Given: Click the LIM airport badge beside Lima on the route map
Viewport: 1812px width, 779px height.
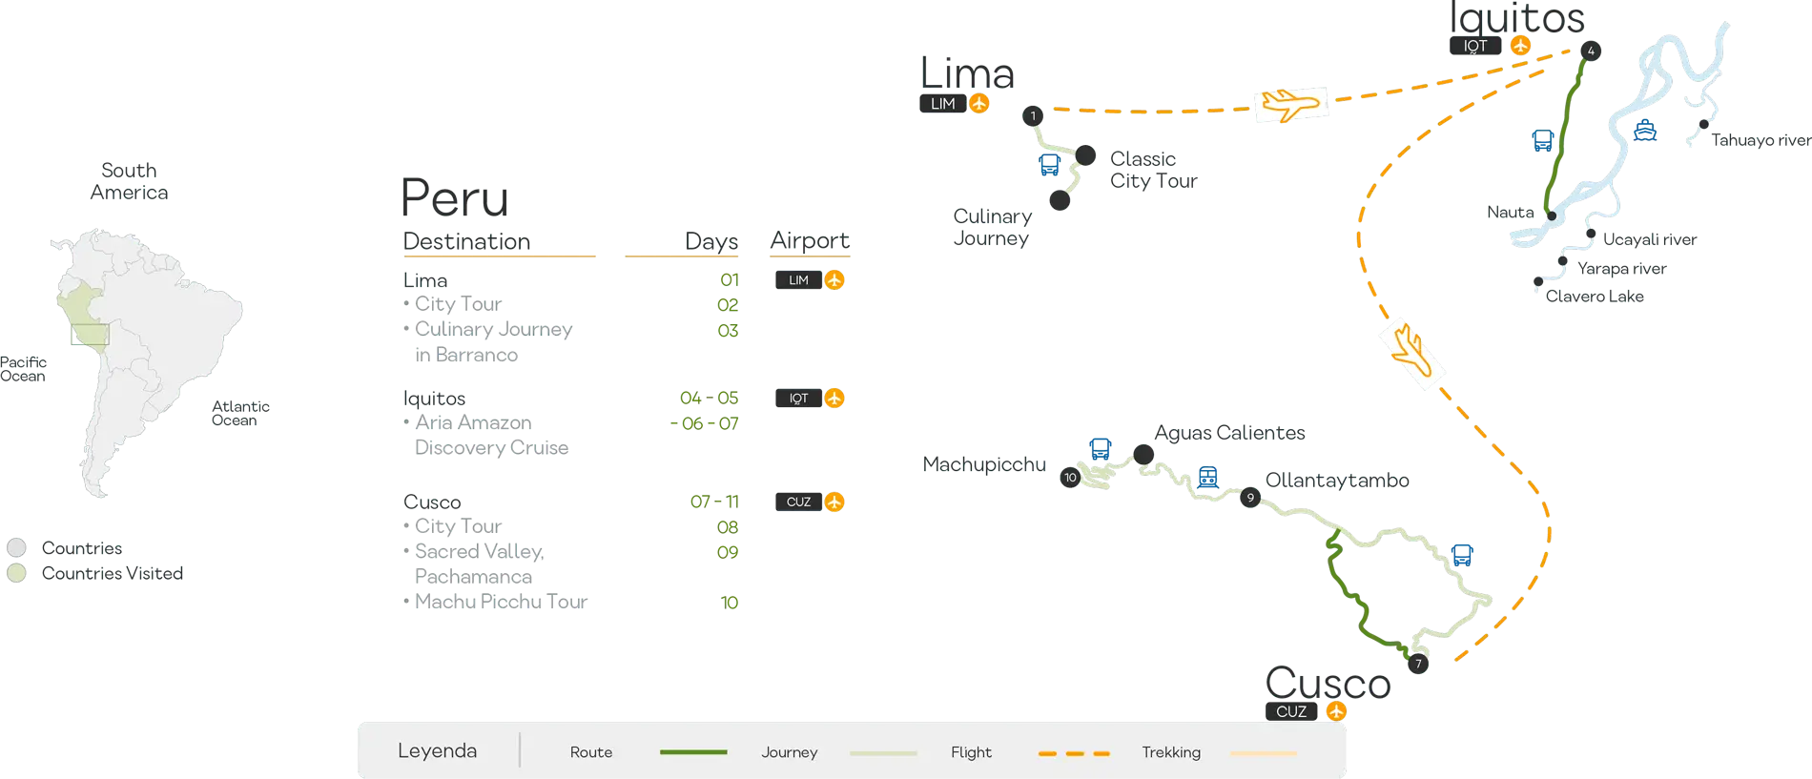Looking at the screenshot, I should click(942, 104).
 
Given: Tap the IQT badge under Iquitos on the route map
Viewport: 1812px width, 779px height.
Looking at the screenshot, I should click(1475, 46).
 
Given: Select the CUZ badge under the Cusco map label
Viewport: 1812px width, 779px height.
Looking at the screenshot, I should click(1291, 711).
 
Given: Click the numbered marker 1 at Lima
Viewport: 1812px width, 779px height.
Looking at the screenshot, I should click(1033, 115).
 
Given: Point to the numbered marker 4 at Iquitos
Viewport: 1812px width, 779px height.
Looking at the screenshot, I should click(1590, 51).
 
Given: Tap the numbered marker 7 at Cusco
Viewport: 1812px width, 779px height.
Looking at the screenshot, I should click(1418, 664).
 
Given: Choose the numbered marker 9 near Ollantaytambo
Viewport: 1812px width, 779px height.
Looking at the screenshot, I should click(1250, 498).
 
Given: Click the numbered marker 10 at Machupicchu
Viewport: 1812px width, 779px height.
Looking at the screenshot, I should click(1070, 478).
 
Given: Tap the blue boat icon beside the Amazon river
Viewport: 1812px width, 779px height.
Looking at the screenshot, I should click(1645, 130).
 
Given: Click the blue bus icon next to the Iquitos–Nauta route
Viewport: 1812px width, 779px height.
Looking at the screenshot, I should click(1543, 140).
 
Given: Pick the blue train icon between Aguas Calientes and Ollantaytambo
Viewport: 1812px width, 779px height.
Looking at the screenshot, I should click(1208, 477).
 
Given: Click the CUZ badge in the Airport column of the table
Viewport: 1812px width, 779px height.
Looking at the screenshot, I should click(798, 502).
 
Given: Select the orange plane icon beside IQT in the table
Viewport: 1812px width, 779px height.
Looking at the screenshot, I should click(834, 399).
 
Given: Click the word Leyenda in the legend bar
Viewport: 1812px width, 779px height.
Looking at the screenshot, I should click(437, 751).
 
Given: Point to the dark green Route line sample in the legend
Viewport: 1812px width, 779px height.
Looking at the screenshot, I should click(693, 752).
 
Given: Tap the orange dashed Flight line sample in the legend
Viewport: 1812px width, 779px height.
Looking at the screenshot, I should click(1074, 752).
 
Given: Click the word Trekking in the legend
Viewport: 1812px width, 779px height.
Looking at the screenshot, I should click(1171, 752).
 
